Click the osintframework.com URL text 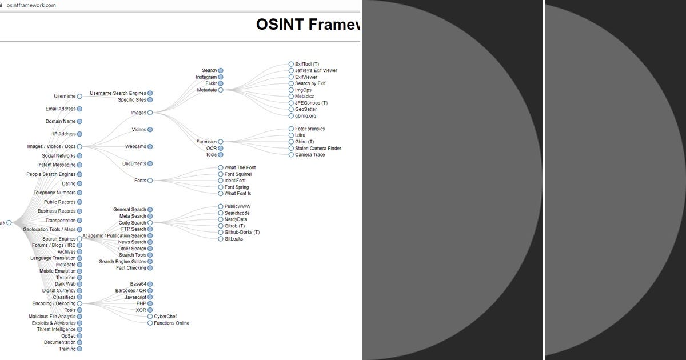click(31, 5)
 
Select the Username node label click(65, 97)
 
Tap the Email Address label click(60, 109)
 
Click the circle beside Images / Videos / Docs click(79, 147)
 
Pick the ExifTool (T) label click(307, 65)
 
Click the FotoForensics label click(310, 129)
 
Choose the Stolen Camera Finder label click(318, 149)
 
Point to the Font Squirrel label click(238, 174)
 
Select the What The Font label click(240, 168)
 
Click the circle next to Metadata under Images click(221, 90)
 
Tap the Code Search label click(132, 223)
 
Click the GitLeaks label click(234, 239)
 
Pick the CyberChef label click(165, 317)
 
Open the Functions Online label click(171, 323)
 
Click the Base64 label click(138, 284)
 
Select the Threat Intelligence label click(56, 330)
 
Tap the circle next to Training click(79, 349)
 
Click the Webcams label click(135, 147)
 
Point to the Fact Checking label click(131, 268)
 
